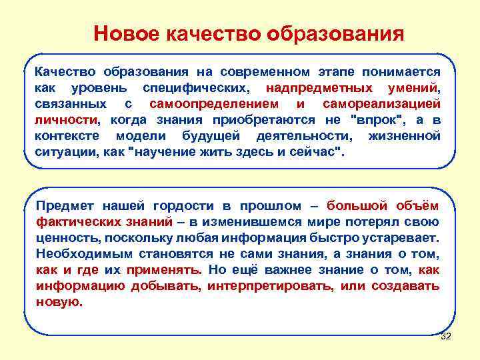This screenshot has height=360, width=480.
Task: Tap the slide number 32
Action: click(446, 336)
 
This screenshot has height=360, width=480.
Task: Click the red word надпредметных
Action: click(318, 88)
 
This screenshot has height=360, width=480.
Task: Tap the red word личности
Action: click(65, 120)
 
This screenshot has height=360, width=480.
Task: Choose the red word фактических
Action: click(73, 221)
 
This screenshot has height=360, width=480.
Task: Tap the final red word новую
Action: click(59, 301)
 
